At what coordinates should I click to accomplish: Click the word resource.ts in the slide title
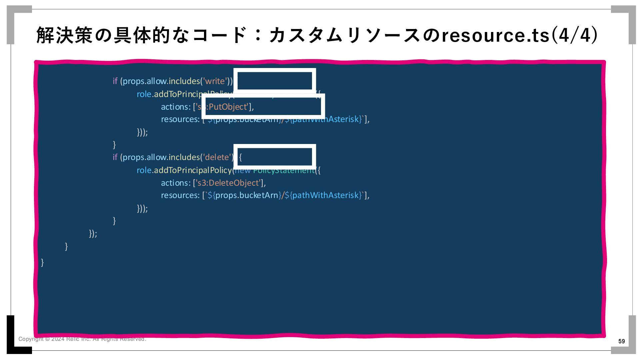pyautogui.click(x=495, y=36)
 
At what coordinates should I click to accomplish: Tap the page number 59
pyautogui.click(x=621, y=341)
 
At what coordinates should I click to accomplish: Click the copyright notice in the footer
pyautogui.click(x=82, y=339)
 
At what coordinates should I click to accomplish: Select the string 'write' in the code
pyautogui.click(x=215, y=81)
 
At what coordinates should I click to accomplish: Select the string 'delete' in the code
pyautogui.click(x=217, y=157)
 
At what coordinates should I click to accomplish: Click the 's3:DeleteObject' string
pyautogui.click(x=228, y=183)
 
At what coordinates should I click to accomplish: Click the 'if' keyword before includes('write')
pyautogui.click(x=115, y=81)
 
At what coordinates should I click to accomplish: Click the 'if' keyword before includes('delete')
pyautogui.click(x=115, y=157)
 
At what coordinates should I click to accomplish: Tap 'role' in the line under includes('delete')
pyautogui.click(x=144, y=170)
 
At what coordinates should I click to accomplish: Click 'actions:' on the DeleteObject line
pyautogui.click(x=176, y=183)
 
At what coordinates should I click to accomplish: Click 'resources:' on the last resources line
pyautogui.click(x=180, y=195)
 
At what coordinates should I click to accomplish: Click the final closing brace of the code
pyautogui.click(x=42, y=263)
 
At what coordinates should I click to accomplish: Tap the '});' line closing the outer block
pyautogui.click(x=93, y=234)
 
